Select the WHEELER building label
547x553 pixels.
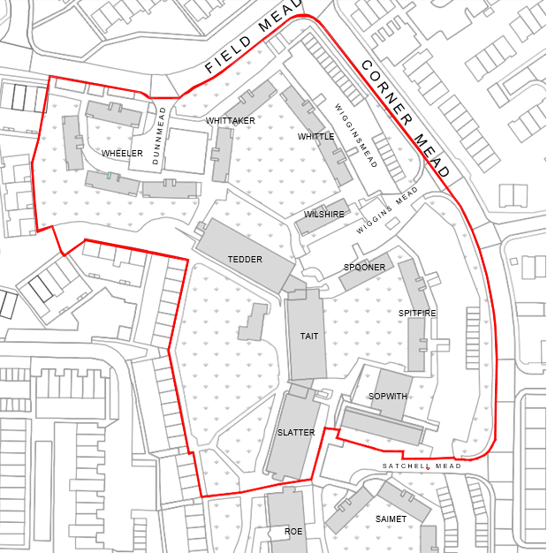(x=122, y=154)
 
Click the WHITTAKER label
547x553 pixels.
(x=231, y=120)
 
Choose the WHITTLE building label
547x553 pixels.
(x=315, y=137)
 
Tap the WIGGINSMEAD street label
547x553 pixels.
(x=355, y=135)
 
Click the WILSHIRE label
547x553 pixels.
(x=323, y=215)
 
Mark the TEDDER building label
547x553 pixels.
(x=245, y=260)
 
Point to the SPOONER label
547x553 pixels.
(x=364, y=268)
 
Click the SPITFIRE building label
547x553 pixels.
(x=417, y=314)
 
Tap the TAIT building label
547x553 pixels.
(x=308, y=337)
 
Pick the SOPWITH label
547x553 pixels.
(x=388, y=397)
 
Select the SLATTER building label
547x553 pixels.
(x=296, y=433)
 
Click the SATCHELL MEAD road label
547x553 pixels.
(x=422, y=466)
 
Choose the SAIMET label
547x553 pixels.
(x=391, y=519)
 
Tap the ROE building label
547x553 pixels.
(x=292, y=532)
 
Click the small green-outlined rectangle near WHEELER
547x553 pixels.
(x=110, y=177)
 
